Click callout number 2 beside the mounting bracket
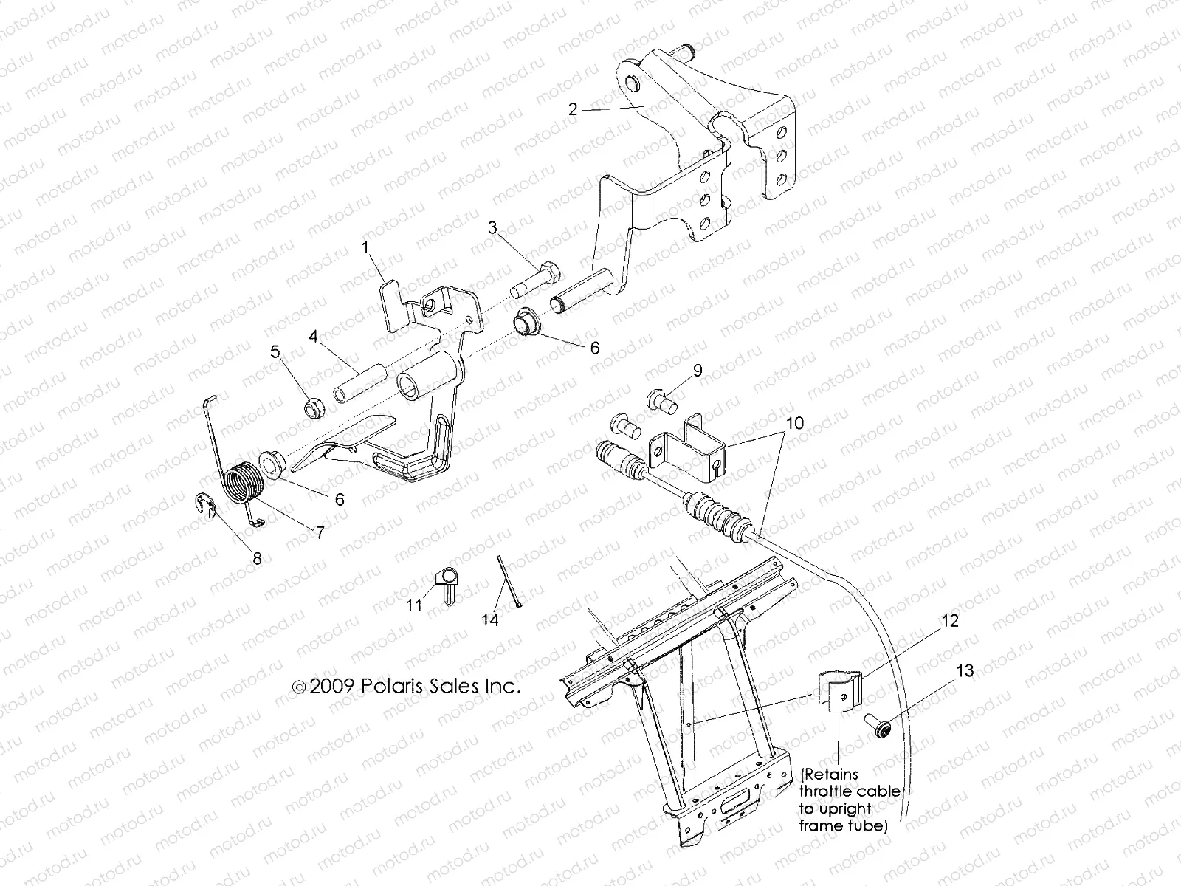[573, 109]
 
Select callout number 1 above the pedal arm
[365, 247]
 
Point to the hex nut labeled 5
[312, 405]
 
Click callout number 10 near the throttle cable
[775, 423]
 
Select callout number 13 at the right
[965, 670]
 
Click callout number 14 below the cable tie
[490, 619]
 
